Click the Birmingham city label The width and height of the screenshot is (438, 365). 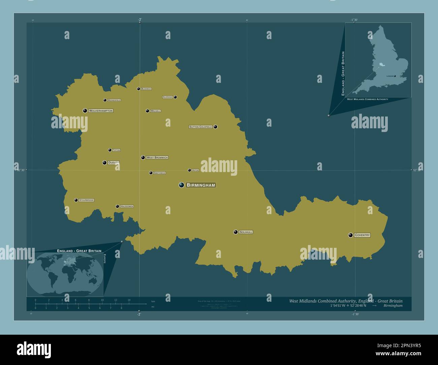pyautogui.click(x=201, y=185)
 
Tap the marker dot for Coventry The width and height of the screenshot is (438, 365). pyautogui.click(x=351, y=235)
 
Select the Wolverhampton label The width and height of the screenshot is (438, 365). pyautogui.click(x=101, y=111)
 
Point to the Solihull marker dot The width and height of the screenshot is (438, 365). pyautogui.click(x=236, y=232)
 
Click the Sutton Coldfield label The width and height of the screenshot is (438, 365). pyautogui.click(x=200, y=127)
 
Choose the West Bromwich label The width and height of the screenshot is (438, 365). pyautogui.click(x=157, y=158)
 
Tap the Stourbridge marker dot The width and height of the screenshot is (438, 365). pyautogui.click(x=76, y=200)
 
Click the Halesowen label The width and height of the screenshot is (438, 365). pyautogui.click(x=127, y=206)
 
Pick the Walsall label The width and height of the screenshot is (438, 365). pyautogui.click(x=155, y=111)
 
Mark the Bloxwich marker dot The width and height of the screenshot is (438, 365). pyautogui.click(x=138, y=89)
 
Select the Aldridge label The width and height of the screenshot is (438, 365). pyautogui.click(x=167, y=97)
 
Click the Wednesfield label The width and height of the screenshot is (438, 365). pyautogui.click(x=114, y=100)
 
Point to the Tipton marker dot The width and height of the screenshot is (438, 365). pyautogui.click(x=110, y=150)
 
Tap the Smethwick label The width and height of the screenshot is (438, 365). pyautogui.click(x=159, y=173)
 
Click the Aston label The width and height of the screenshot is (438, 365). pyautogui.click(x=195, y=170)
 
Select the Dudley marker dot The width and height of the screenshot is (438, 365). pyautogui.click(x=105, y=163)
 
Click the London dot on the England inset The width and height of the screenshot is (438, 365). pyautogui.click(x=395, y=76)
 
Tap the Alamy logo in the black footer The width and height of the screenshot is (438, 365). pyautogui.click(x=34, y=350)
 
